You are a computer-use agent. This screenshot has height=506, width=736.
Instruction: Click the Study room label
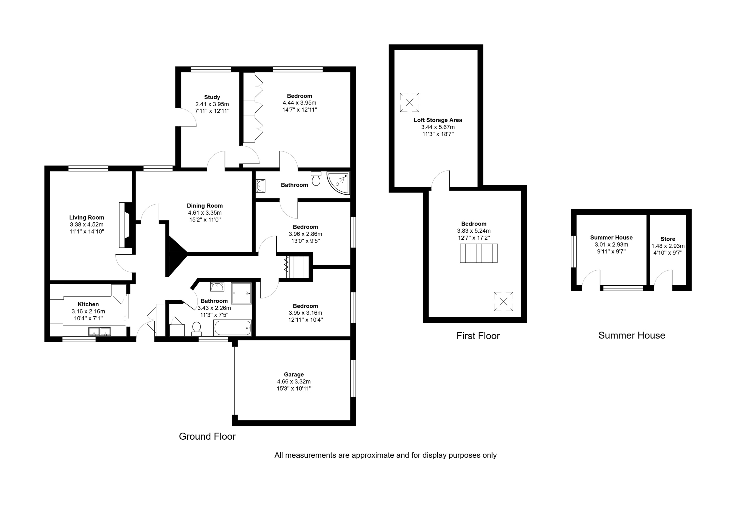(212, 97)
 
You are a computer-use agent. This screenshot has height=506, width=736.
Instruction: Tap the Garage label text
(294, 375)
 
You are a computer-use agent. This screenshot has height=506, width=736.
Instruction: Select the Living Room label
(87, 218)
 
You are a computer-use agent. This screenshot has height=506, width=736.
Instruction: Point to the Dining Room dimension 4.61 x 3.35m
(205, 213)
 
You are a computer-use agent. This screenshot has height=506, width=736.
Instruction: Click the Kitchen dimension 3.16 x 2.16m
(88, 311)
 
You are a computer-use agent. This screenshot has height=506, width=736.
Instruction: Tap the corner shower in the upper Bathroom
(338, 183)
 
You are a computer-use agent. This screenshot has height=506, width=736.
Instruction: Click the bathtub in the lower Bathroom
(233, 328)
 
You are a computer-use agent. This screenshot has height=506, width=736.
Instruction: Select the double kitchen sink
(99, 332)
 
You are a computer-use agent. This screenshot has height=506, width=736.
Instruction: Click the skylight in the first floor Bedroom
(503, 301)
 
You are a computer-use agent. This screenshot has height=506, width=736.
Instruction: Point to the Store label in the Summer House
(668, 239)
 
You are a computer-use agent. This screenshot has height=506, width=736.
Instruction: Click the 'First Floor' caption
(478, 336)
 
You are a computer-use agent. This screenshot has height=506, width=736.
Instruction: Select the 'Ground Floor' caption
(207, 436)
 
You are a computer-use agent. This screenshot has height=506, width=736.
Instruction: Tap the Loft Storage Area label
(438, 120)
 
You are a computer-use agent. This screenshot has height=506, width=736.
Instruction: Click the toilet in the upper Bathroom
(316, 179)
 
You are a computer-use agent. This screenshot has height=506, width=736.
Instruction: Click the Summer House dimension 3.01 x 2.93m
(611, 245)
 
